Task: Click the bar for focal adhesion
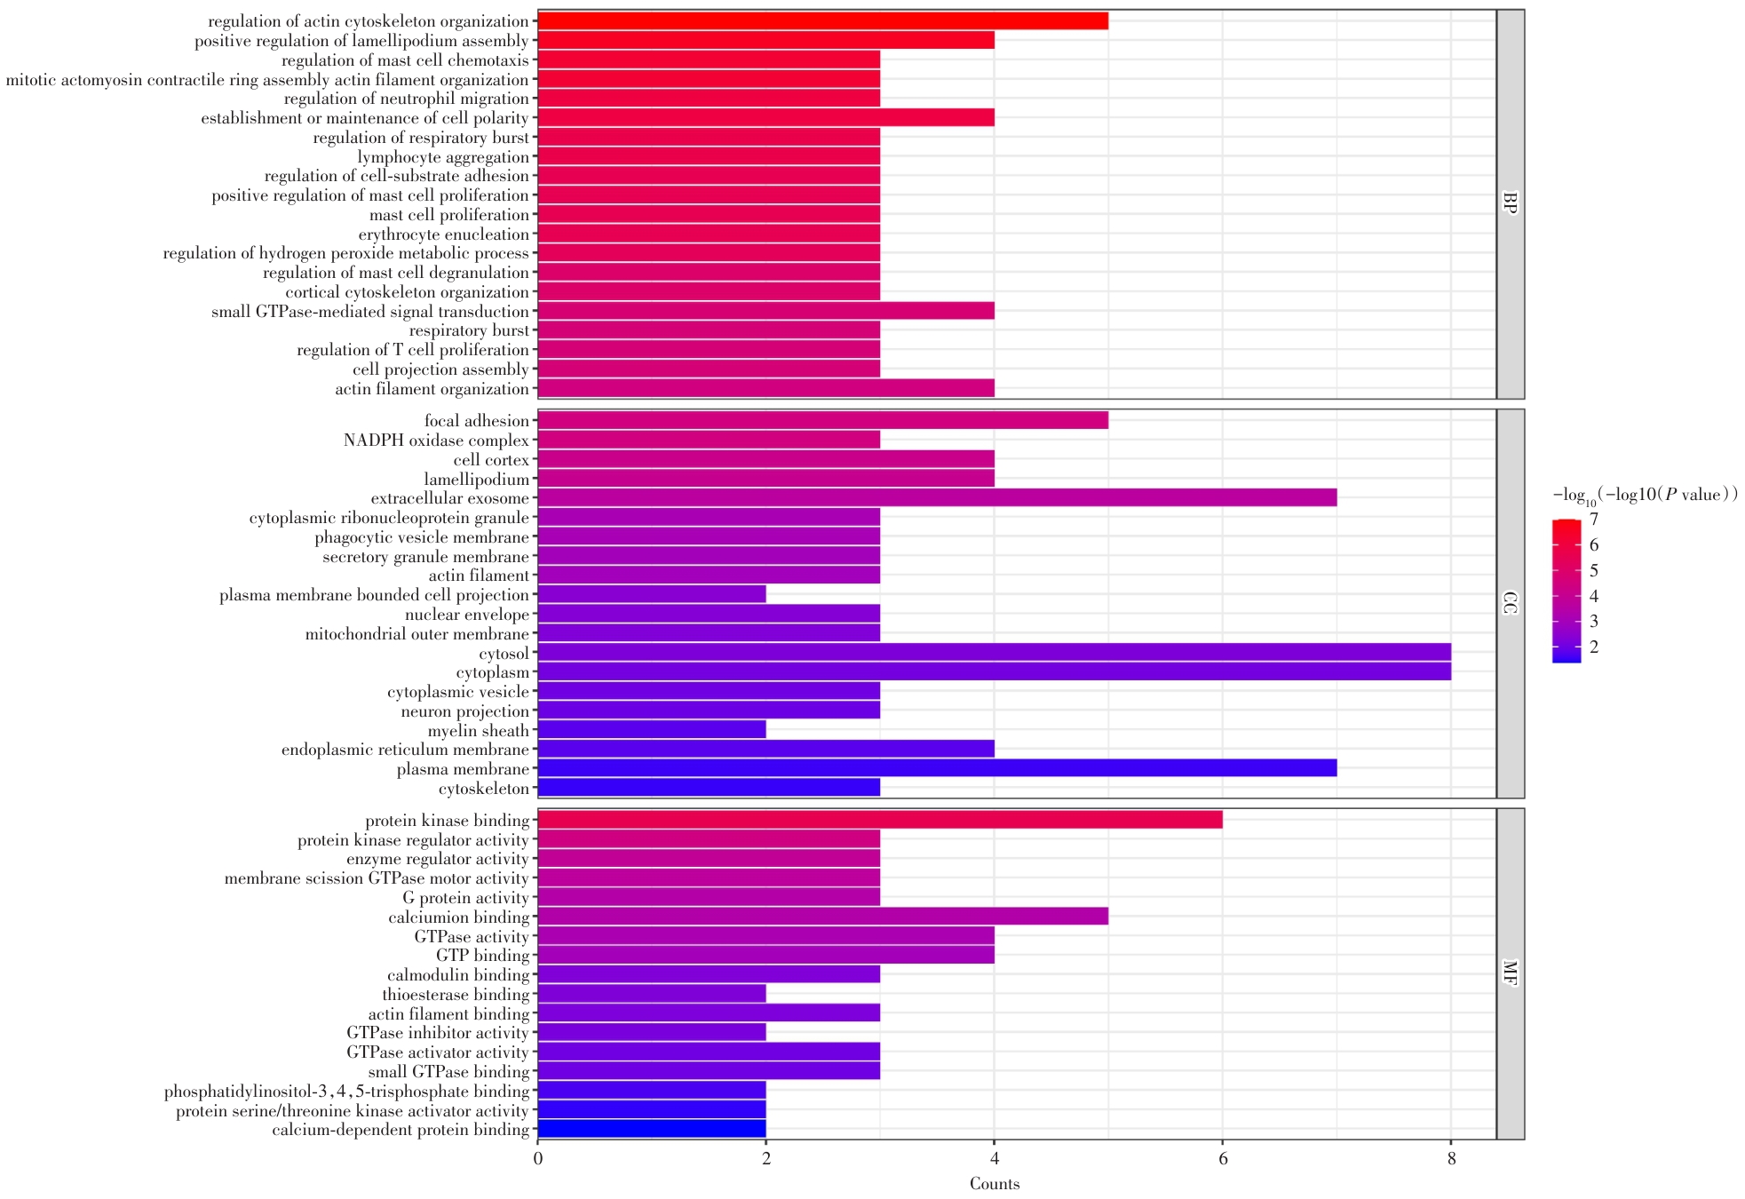pyautogui.click(x=822, y=420)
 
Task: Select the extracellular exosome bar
pyautogui.click(x=937, y=497)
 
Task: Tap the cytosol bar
pyautogui.click(x=994, y=653)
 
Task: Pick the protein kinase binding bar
pyautogui.click(x=879, y=820)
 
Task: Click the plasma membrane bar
pyautogui.click(x=937, y=768)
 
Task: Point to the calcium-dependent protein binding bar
pyautogui.click(x=652, y=1130)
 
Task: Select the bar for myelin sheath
pyautogui.click(x=652, y=730)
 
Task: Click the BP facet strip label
pyautogui.click(x=1510, y=203)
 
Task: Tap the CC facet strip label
pyautogui.click(x=1510, y=603)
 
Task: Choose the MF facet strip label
pyautogui.click(x=1510, y=973)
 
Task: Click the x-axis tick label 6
pyautogui.click(x=1222, y=1159)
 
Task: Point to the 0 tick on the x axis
pyautogui.click(x=538, y=1159)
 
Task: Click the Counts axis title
pyautogui.click(x=994, y=1184)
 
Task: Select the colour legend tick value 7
pyautogui.click(x=1594, y=520)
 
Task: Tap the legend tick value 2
pyautogui.click(x=1594, y=647)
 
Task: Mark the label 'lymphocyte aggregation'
pyautogui.click(x=443, y=157)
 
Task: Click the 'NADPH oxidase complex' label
pyautogui.click(x=436, y=441)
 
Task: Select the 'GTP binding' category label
pyautogui.click(x=482, y=956)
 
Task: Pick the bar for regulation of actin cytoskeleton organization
pyautogui.click(x=822, y=20)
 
